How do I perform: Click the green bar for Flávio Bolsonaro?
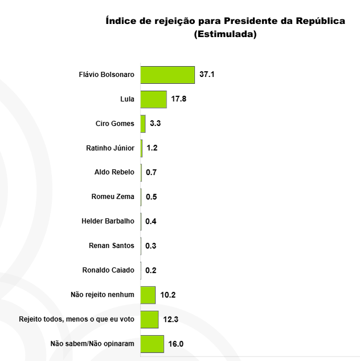(167, 75)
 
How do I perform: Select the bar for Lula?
(153, 99)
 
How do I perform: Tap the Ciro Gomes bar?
(143, 124)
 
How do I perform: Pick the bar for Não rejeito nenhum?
(148, 295)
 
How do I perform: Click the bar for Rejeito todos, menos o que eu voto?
(149, 319)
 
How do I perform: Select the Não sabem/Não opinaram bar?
(152, 344)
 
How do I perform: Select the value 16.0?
(175, 344)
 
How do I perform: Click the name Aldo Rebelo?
(114, 172)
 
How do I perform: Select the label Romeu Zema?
(113, 197)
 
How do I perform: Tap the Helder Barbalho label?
(108, 221)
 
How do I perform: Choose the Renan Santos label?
(112, 246)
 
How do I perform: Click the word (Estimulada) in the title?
(225, 34)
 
